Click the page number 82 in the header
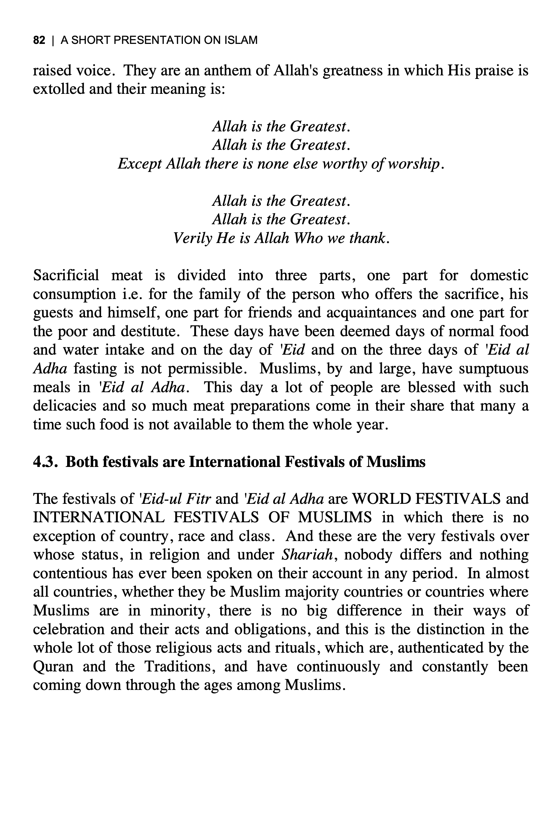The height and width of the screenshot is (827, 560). click(x=39, y=40)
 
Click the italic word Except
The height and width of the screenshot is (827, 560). click(x=140, y=164)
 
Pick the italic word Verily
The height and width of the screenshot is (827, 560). click(x=192, y=238)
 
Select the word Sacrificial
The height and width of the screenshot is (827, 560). click(x=66, y=275)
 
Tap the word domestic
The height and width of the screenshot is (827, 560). click(x=499, y=275)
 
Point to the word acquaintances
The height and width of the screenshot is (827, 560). click(x=371, y=312)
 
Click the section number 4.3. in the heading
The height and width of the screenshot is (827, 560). click(x=45, y=462)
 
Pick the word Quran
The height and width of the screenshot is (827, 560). click(x=53, y=666)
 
